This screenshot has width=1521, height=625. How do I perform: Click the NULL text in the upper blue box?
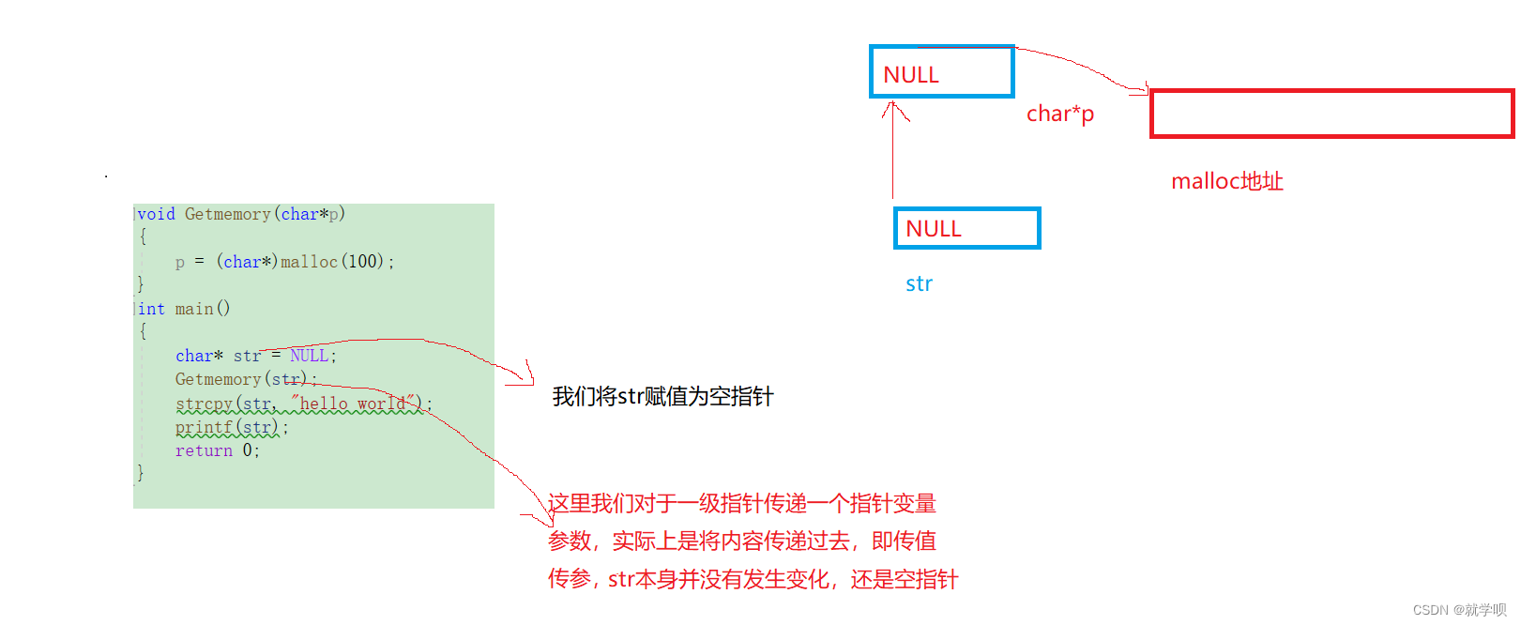click(911, 75)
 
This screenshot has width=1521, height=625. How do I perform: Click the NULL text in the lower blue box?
click(934, 229)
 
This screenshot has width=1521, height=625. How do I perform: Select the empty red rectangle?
click(1331, 114)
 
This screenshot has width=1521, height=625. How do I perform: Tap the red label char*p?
click(1060, 114)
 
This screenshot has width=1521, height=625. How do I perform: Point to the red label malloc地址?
click(1226, 181)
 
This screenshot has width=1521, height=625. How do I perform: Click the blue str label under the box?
click(919, 283)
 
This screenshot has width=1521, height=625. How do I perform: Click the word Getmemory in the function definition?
click(227, 214)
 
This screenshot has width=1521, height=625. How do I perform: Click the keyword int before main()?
click(151, 309)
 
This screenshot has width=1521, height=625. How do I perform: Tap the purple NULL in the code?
click(309, 356)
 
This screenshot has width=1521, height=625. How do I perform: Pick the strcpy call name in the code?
click(204, 404)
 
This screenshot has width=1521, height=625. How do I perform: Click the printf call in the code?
click(204, 427)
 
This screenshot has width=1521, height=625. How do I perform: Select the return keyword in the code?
click(204, 450)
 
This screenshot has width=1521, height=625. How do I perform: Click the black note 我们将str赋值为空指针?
click(662, 396)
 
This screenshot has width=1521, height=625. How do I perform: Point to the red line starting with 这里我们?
click(742, 504)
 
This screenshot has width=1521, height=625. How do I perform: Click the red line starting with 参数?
click(742, 541)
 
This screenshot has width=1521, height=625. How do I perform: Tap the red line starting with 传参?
click(753, 579)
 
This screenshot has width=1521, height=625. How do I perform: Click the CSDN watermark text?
click(1459, 610)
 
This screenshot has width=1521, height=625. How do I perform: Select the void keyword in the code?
click(157, 214)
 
